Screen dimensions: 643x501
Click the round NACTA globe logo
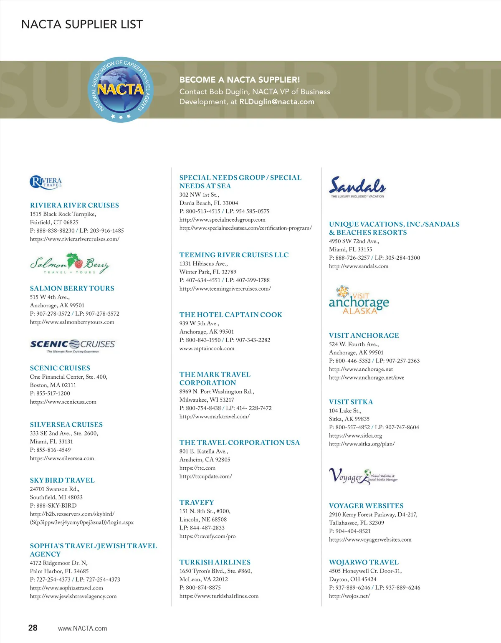pyautogui.click(x=121, y=89)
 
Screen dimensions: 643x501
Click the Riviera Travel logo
pyautogui.click(x=46, y=182)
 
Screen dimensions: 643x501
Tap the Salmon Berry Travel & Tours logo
pyautogui.click(x=70, y=263)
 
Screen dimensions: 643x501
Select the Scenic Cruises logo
pyautogui.click(x=73, y=346)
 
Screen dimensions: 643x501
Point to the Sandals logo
pyautogui.click(x=357, y=187)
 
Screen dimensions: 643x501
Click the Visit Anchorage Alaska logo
pyautogui.click(x=359, y=300)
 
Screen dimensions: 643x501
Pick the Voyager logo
pyautogui.click(x=363, y=476)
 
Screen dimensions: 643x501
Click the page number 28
pyautogui.click(x=33, y=628)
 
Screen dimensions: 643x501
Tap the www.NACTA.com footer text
pyautogui.click(x=82, y=628)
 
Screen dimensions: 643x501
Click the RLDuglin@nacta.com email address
pyautogui.click(x=276, y=101)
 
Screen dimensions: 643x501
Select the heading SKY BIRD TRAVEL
pyautogui.click(x=62, y=480)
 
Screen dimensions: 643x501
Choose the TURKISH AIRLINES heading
pyautogui.click(x=215, y=562)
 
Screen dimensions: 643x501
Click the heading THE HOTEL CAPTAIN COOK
pyautogui.click(x=230, y=314)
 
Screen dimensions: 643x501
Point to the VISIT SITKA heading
pyautogui.click(x=351, y=402)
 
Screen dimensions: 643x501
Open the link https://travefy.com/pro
pyautogui.click(x=207, y=536)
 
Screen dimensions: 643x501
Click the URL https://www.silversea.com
pyautogui.click(x=62, y=458)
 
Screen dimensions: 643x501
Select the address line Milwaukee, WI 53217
pyautogui.click(x=207, y=400)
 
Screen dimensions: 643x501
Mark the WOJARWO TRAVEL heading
pyautogui.click(x=364, y=562)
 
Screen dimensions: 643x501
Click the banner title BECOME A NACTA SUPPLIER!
pyautogui.click(x=240, y=80)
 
